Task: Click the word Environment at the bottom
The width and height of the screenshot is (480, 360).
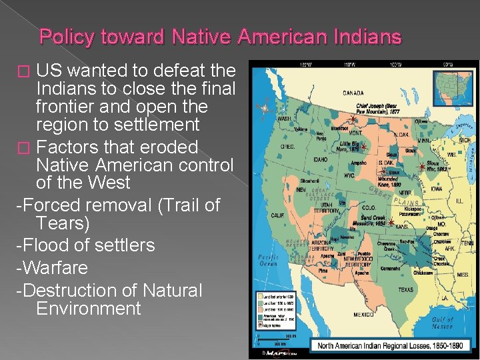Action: tap(89, 309)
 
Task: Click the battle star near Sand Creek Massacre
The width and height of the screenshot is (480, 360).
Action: tap(391, 223)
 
